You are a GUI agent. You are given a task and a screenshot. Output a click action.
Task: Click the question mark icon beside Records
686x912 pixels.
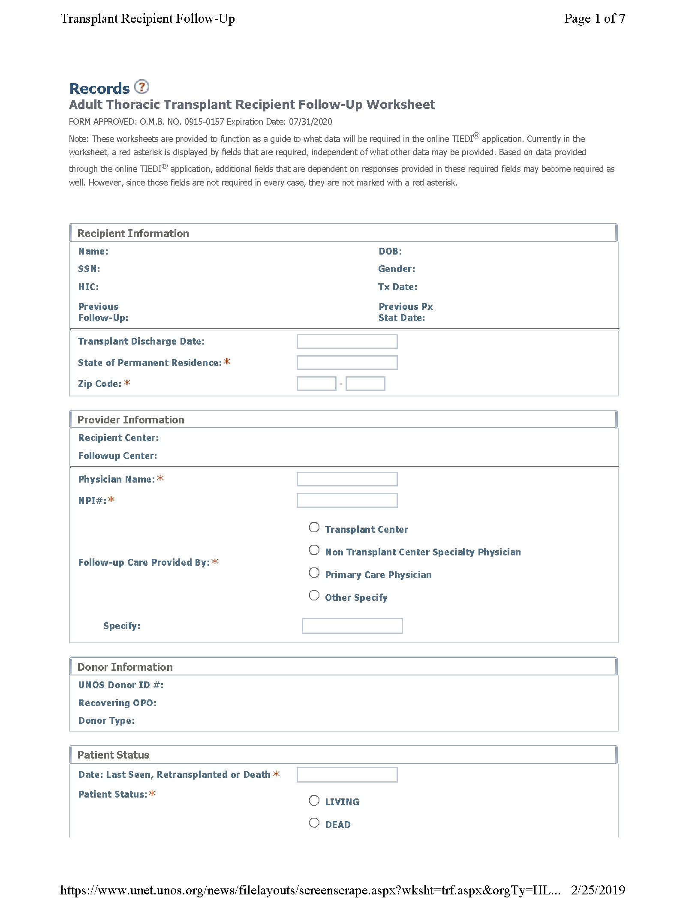141,87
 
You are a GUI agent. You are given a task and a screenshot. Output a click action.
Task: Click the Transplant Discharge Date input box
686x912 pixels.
347,342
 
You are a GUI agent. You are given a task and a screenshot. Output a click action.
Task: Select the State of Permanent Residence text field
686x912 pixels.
347,363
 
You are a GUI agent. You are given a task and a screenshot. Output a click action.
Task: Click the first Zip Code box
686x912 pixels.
316,384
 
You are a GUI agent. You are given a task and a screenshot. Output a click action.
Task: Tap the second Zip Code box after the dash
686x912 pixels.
365,384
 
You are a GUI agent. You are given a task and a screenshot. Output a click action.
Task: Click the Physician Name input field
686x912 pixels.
347,479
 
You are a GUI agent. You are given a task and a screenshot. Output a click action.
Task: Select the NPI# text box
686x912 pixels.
347,500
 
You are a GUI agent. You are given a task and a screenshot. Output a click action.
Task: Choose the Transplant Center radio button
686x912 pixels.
314,528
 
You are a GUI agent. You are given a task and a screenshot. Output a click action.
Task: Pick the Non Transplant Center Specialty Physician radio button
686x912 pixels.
314,550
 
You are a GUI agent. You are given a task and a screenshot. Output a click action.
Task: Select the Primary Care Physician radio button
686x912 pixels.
314,573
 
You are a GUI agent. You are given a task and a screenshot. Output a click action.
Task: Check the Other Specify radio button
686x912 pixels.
314,596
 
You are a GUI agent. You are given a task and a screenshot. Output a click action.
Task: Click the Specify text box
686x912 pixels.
352,626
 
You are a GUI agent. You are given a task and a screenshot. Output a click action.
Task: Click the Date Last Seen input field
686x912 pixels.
347,774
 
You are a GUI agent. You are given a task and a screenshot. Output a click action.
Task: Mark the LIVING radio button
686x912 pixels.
314,801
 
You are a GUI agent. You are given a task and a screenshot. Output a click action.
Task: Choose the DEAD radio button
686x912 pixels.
314,823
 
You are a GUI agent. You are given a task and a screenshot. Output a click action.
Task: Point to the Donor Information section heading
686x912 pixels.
125,667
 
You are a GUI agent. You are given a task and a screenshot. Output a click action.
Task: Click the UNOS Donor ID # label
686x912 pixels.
120,685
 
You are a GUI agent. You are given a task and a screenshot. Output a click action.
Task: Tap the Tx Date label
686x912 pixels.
397,287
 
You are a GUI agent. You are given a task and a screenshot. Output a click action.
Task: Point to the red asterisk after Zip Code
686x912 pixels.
127,383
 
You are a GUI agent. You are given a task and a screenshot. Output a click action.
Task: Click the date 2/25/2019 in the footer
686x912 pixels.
598,890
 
